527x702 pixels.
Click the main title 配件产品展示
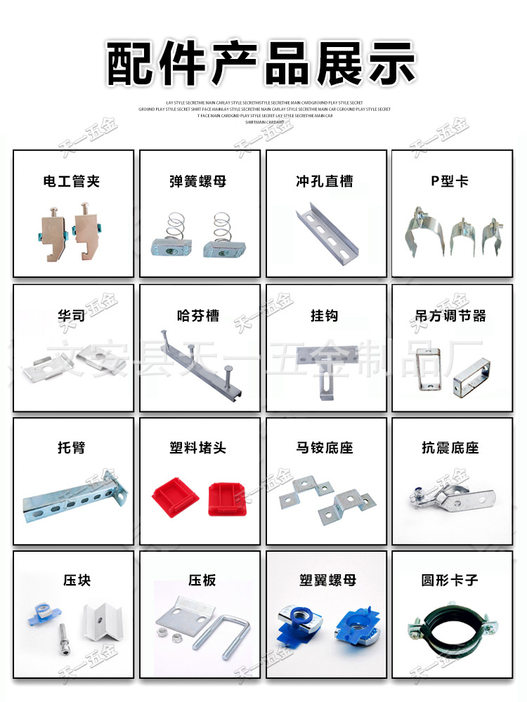point(261,63)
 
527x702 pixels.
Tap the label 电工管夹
point(72,182)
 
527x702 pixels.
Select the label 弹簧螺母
point(198,182)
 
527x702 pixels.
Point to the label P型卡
point(450,182)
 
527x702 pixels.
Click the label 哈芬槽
point(198,316)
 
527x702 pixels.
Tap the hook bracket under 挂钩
point(325,371)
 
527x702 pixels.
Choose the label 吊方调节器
point(450,316)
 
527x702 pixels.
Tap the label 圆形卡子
point(450,581)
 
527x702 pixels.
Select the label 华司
point(72,316)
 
